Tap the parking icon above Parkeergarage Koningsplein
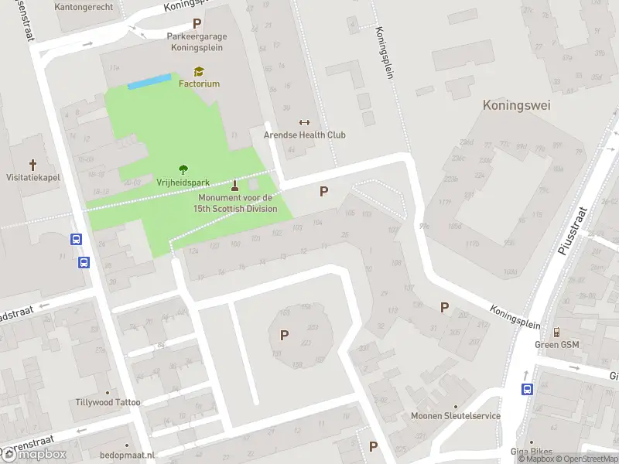click(x=197, y=24)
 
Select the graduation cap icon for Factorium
click(x=199, y=71)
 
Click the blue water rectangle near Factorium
click(x=149, y=81)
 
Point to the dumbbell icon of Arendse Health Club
click(x=303, y=122)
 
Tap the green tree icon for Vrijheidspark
click(x=183, y=169)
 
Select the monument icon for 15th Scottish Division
click(x=236, y=185)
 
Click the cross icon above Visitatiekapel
click(x=32, y=164)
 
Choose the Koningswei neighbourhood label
click(x=516, y=105)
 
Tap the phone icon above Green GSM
click(x=557, y=332)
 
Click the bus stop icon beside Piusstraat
click(x=527, y=389)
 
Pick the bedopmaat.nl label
click(x=127, y=455)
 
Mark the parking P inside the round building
click(x=284, y=335)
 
